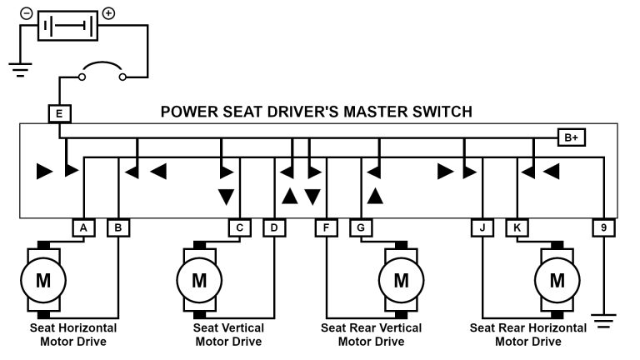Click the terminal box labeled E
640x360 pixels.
60,113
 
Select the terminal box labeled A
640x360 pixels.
82,227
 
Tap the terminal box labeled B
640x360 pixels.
118,227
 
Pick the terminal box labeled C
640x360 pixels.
239,227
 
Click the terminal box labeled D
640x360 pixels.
274,227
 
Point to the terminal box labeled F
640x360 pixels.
326,227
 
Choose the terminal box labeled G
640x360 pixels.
361,227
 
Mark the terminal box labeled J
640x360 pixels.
482,227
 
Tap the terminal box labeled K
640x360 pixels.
517,227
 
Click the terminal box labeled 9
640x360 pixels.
602,227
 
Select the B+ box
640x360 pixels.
571,137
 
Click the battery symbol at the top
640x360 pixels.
68,26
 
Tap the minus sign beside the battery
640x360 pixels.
27,14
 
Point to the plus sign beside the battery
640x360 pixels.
109,14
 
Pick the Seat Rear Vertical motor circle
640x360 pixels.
402,280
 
